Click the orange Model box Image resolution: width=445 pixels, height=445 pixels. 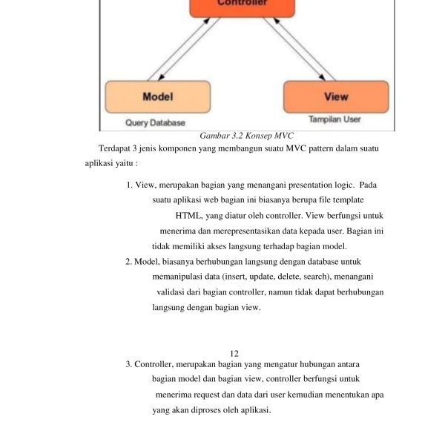[x=157, y=96]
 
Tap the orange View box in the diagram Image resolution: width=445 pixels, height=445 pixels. [x=335, y=96]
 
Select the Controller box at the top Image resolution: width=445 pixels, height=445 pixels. [x=243, y=6]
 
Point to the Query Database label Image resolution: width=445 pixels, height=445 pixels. [x=155, y=122]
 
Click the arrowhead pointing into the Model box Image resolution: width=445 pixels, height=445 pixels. [x=150, y=77]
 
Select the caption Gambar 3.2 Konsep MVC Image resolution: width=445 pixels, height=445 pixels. [x=248, y=136]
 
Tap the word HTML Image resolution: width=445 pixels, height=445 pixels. [x=188, y=216]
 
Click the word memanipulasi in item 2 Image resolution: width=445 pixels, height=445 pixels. [x=178, y=277]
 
